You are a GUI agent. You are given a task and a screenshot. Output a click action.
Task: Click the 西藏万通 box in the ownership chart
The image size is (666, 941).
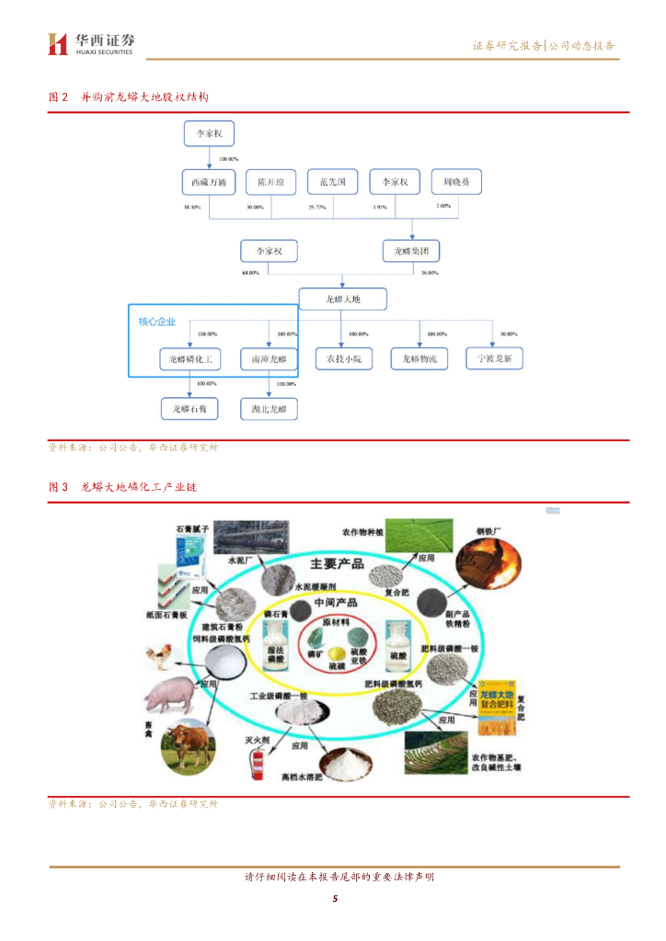[208, 183]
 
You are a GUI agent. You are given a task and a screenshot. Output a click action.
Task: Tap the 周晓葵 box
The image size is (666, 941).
[456, 183]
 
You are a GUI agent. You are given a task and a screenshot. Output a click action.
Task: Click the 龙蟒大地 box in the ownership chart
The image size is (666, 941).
[342, 299]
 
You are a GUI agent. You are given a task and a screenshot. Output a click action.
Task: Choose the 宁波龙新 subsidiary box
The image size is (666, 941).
[494, 358]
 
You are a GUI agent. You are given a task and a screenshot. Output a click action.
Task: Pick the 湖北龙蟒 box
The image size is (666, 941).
[269, 409]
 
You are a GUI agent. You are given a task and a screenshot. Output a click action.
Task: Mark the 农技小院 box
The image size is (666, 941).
[343, 358]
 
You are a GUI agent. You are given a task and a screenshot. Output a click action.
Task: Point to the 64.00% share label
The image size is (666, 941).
[250, 273]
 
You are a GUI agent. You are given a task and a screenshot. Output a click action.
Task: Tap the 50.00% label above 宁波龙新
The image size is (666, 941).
[508, 334]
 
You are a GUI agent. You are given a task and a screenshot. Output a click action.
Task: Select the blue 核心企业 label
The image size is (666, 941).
[156, 321]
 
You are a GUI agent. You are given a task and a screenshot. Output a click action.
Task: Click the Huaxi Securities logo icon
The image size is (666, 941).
[58, 44]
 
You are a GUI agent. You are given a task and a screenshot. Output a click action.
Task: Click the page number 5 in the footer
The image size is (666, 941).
[335, 898]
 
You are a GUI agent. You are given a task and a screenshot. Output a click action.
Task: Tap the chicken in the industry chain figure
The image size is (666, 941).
[159, 656]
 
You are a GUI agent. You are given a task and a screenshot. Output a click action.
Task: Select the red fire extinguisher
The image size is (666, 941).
[258, 760]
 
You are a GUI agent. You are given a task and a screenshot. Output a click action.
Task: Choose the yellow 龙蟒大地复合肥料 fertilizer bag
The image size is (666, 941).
[498, 706]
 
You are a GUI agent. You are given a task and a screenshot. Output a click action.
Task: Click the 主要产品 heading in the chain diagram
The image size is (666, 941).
[337, 563]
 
